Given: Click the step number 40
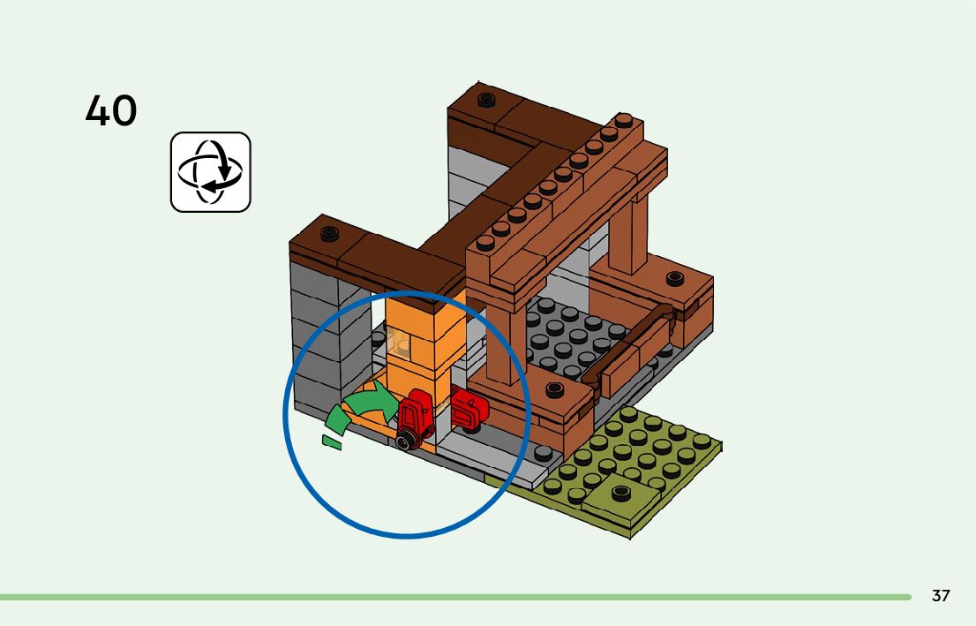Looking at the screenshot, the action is pyautogui.click(x=111, y=111).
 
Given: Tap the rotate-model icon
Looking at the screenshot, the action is pyautogui.click(x=210, y=172).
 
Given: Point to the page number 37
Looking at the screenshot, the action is pyautogui.click(x=941, y=596).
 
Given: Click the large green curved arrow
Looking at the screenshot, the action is pyautogui.click(x=372, y=404).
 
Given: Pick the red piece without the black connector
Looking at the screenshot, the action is pyautogui.click(x=469, y=410).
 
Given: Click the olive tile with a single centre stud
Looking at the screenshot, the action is pyautogui.click(x=620, y=493).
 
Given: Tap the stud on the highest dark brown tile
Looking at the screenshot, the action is pyautogui.click(x=486, y=99).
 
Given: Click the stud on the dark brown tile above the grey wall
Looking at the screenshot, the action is pyautogui.click(x=329, y=234).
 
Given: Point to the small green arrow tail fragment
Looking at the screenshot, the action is pyautogui.click(x=331, y=442).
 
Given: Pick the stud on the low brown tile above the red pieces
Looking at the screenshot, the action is pyautogui.click(x=555, y=389).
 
